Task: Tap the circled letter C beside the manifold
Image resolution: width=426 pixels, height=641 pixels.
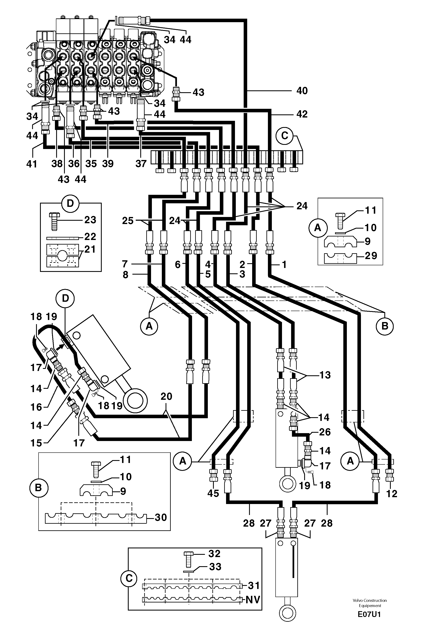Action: (x=284, y=135)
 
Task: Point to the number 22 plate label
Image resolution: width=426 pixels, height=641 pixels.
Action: (x=90, y=237)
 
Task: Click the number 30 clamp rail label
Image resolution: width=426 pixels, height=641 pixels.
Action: (x=160, y=517)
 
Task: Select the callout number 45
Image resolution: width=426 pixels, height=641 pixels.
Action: (x=213, y=493)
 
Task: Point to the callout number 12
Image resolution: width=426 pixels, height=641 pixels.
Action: (x=391, y=493)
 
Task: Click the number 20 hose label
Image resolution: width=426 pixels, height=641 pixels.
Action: (x=166, y=396)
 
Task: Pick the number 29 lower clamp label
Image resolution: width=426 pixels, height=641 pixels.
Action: (x=371, y=256)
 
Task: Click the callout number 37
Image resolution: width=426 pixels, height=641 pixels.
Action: (x=141, y=164)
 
